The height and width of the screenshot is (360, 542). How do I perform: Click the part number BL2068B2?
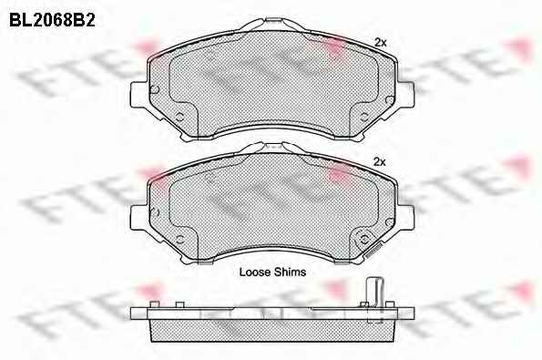click(52, 20)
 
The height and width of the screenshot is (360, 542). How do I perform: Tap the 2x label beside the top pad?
click(380, 43)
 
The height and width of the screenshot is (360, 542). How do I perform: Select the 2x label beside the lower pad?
click(380, 161)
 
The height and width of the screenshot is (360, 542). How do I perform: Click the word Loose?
click(255, 272)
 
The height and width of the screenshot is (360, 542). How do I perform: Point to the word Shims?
click(290, 272)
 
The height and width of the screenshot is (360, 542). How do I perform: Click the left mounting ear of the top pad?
click(139, 95)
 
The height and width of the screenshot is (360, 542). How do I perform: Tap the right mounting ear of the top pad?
click(405, 94)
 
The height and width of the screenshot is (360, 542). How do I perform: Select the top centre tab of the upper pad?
click(272, 22)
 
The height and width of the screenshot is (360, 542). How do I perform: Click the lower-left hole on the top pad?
click(179, 117)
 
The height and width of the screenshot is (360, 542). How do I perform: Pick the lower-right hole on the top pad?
click(364, 117)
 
